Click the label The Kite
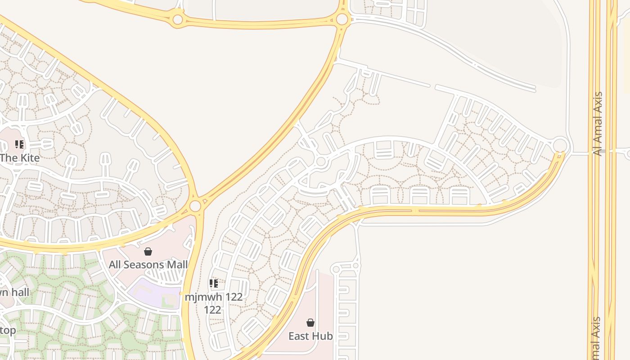pyautogui.click(x=20, y=158)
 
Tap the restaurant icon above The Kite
pyautogui.click(x=19, y=144)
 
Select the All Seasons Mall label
pyautogui.click(x=148, y=265)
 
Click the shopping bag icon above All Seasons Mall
pyautogui.click(x=148, y=252)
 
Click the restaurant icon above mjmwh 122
pyautogui.click(x=214, y=283)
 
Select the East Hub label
pyautogui.click(x=310, y=336)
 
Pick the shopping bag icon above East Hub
pyautogui.click(x=310, y=323)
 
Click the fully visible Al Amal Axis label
pyautogui.click(x=598, y=124)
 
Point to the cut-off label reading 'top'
pyautogui.click(x=8, y=331)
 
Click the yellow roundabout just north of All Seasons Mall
pyautogui.click(x=195, y=206)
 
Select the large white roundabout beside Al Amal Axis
pyautogui.click(x=560, y=145)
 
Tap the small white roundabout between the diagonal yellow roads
pyautogui.click(x=321, y=162)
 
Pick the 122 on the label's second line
pyautogui.click(x=212, y=310)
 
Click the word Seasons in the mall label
pyautogui.click(x=145, y=265)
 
